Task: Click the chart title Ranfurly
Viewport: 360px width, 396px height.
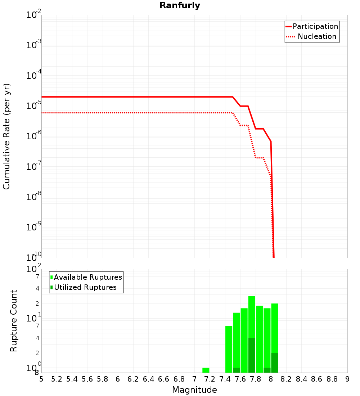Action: [180, 5]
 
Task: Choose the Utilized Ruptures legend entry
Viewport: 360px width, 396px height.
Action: [85, 287]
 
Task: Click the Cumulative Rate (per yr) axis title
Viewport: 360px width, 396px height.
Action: [6, 136]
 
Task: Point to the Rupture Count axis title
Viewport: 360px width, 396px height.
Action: [14, 321]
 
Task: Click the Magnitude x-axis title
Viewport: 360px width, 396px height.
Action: [194, 390]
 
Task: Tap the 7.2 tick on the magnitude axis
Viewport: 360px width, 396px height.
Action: [210, 379]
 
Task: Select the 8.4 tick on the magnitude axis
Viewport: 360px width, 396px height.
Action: [301, 379]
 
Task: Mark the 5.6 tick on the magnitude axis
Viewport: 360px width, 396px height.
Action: [87, 379]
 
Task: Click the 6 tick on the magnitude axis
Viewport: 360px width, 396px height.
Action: [118, 379]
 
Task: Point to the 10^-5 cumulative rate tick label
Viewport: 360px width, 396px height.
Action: [34, 106]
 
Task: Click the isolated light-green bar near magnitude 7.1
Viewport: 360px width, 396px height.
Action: [206, 370]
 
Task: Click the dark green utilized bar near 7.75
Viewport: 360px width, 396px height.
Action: [252, 355]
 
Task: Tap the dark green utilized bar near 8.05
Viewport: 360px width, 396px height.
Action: [275, 363]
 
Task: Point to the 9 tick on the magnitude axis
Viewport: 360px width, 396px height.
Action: [347, 379]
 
